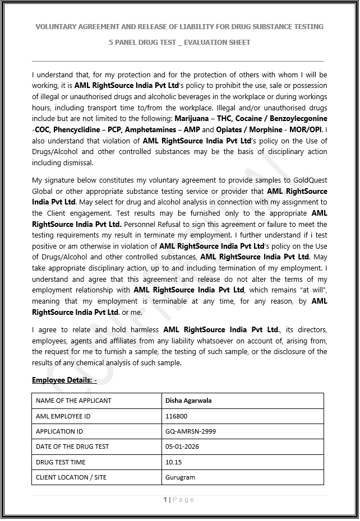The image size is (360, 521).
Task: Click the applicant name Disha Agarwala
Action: [x=188, y=401]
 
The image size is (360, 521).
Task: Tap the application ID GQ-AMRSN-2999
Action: [x=191, y=431]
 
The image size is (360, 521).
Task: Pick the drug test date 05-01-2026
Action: [x=182, y=446]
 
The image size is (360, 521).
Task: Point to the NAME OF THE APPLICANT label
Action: [x=73, y=401]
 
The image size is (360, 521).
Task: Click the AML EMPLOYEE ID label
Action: [x=63, y=416]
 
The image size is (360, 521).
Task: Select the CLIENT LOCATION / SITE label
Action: [x=71, y=477]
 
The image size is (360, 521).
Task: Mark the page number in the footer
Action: [x=165, y=500]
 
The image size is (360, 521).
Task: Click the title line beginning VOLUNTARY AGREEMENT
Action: [x=179, y=26]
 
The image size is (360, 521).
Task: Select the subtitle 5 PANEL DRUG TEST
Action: [x=179, y=42]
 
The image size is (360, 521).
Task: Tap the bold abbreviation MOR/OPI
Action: [x=305, y=129]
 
